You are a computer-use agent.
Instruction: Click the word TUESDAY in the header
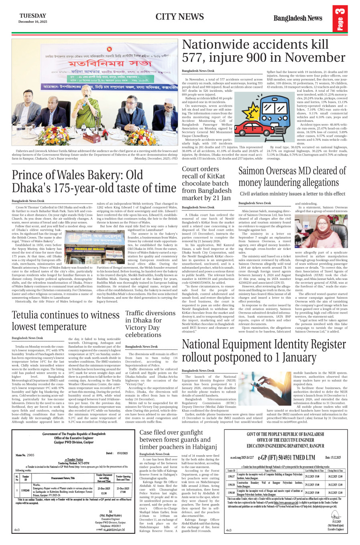click(33, 16)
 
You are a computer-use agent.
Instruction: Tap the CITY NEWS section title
click(180, 16)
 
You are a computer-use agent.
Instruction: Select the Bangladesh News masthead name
click(297, 18)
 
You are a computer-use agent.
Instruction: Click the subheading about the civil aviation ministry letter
click(292, 194)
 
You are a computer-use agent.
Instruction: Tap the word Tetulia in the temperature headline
click(29, 315)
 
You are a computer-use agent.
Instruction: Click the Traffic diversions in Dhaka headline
click(150, 324)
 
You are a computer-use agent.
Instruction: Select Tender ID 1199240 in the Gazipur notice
click(25, 490)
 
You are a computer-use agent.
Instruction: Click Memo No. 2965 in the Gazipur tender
click(26, 455)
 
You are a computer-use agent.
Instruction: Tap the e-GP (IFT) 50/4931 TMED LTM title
click(287, 457)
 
